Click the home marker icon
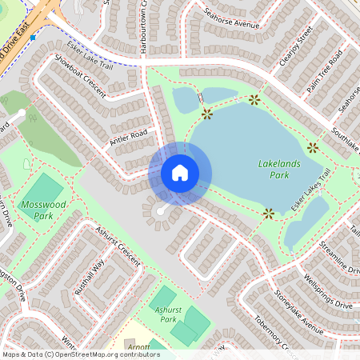coord(180,172)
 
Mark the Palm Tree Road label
coord(324,69)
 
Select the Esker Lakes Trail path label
coord(312,191)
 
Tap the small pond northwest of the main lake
coord(186,99)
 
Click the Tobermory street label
coord(272,340)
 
